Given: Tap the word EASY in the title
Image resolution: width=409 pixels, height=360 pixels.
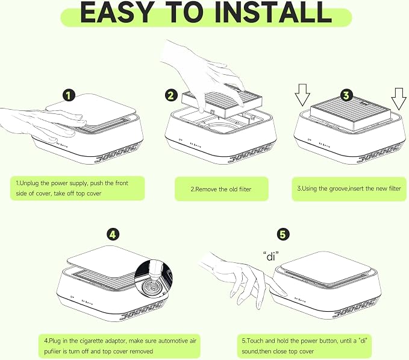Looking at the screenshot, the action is [x=117, y=12].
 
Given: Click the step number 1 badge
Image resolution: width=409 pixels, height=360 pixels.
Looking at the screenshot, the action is [x=69, y=95].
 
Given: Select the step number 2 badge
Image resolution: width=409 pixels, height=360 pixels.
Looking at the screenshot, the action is [x=171, y=95].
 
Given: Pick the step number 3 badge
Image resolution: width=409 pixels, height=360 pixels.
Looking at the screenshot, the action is [x=346, y=95].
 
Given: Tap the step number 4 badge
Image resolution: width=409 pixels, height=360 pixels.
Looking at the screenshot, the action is [x=113, y=235].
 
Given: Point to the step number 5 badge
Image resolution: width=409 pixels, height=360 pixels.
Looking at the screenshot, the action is [x=283, y=234].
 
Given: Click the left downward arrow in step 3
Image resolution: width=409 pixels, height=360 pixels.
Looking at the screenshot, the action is [x=302, y=95].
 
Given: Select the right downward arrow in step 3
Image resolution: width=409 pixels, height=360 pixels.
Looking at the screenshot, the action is [x=399, y=99].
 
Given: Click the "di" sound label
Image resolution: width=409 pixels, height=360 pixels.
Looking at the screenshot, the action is [x=270, y=256].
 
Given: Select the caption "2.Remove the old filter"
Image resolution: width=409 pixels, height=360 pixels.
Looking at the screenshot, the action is [x=221, y=189].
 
